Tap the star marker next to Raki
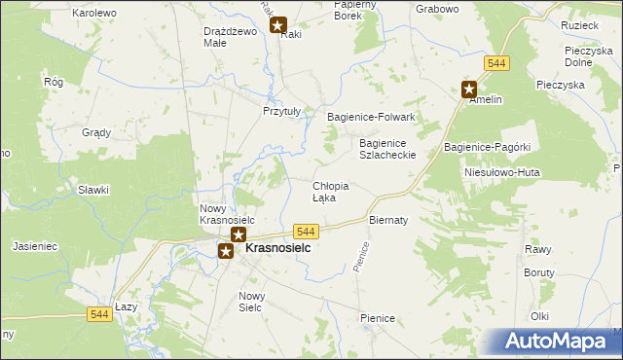click(278, 27)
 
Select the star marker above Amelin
click(468, 89)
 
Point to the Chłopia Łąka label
click(330, 191)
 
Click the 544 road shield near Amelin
click(497, 63)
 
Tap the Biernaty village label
click(387, 220)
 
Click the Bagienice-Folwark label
click(371, 117)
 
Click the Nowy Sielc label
click(252, 302)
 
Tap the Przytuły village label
click(283, 111)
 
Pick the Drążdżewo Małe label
click(229, 37)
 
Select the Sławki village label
click(93, 190)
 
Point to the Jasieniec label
click(36, 247)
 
